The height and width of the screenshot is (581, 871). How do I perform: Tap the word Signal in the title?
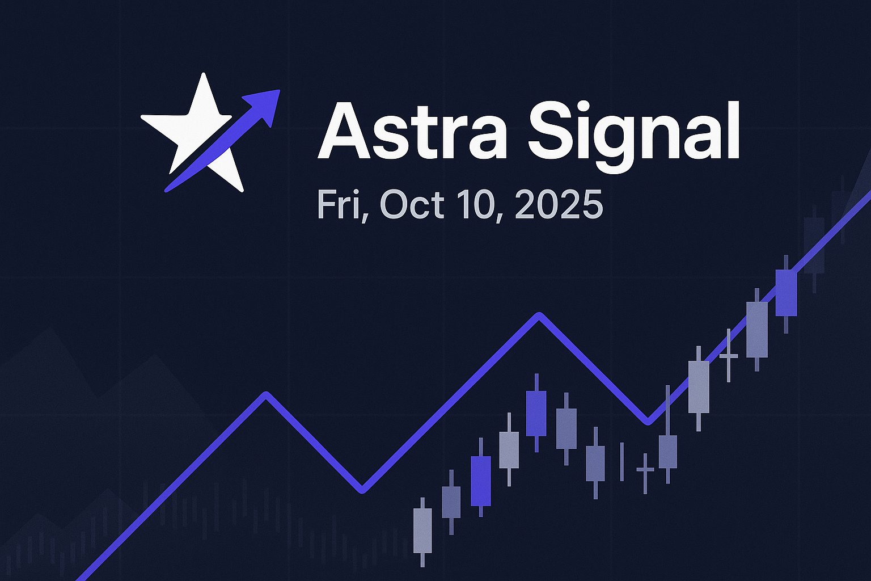pos(633,136)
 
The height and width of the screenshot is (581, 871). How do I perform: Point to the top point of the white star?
pos(203,73)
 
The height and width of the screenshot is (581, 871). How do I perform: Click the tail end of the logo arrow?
pos(167,190)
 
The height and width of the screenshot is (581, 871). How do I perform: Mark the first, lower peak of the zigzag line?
pos(266,394)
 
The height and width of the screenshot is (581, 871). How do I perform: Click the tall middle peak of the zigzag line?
pos(539,314)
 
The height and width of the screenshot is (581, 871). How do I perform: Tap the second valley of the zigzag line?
pos(648,423)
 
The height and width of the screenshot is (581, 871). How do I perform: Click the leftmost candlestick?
pos(422,531)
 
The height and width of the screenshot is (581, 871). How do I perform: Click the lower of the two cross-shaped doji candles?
pos(645,470)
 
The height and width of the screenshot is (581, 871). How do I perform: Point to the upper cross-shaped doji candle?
pos(729,356)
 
